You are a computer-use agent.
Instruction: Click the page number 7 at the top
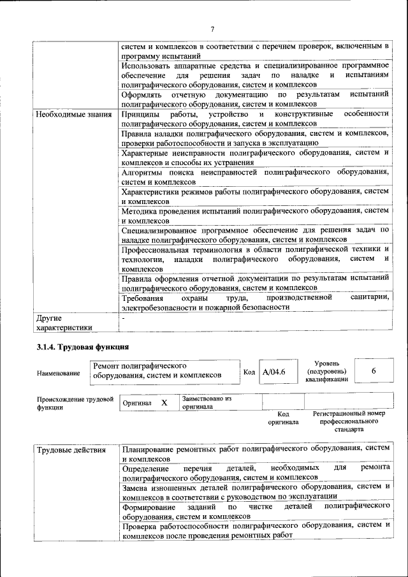(212, 28)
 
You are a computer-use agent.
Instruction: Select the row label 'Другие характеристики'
(64, 322)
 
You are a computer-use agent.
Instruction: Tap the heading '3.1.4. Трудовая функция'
(82, 347)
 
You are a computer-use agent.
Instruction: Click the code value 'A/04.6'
(274, 372)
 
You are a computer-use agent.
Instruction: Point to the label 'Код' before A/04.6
(249, 372)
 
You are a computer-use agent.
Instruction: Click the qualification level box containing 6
(373, 371)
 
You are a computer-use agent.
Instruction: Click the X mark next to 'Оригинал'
(164, 403)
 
